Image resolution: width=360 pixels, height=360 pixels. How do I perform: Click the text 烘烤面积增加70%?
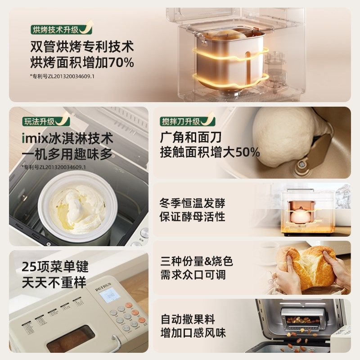click(82, 63)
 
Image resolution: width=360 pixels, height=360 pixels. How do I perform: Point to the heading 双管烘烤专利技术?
click(82, 46)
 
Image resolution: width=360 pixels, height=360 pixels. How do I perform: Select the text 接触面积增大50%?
click(210, 152)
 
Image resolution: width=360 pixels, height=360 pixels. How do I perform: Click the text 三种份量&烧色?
click(197, 261)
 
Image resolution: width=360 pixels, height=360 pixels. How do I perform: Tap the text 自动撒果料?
click(188, 319)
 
